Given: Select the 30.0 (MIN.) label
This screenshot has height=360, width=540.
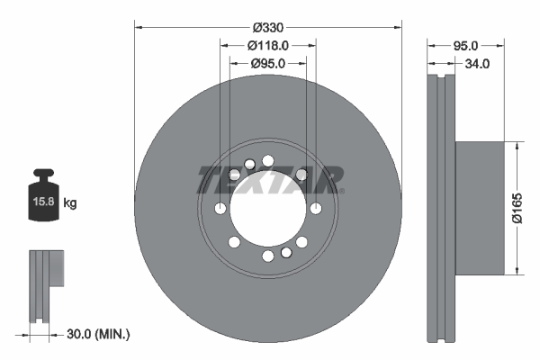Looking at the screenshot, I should [x=99, y=334].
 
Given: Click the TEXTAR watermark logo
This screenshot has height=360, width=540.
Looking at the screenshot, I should [x=268, y=179].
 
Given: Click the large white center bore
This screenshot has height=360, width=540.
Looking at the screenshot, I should [x=268, y=209].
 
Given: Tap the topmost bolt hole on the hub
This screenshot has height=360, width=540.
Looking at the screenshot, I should [x=268, y=161].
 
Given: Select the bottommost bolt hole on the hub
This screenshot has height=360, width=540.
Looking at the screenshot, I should [x=268, y=256].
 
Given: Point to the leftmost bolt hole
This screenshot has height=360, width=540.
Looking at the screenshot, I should [x=220, y=209].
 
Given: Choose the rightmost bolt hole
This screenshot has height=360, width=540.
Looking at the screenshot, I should [x=316, y=209].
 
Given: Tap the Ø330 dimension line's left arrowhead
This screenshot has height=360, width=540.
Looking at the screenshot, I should [x=138, y=26].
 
